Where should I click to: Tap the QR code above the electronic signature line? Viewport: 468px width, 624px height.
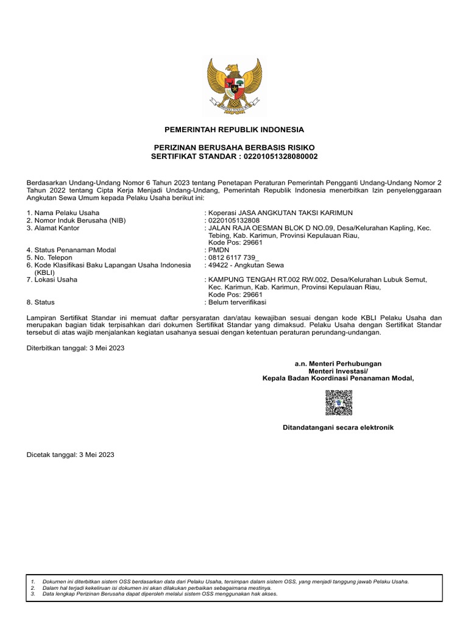pos(338,403)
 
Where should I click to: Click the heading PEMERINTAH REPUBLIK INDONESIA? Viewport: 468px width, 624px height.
pos(234,130)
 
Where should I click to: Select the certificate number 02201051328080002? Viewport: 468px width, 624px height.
pos(280,157)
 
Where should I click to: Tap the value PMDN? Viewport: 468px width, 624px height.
pos(218,250)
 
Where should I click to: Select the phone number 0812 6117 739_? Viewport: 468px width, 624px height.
pos(233,258)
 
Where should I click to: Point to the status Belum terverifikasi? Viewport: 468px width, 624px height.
pos(237,302)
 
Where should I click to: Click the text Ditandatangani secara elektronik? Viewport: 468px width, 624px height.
pos(338,428)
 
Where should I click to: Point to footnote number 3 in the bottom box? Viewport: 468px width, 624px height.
pos(33,594)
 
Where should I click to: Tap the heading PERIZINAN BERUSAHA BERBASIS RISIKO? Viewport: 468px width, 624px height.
pos(234,148)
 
